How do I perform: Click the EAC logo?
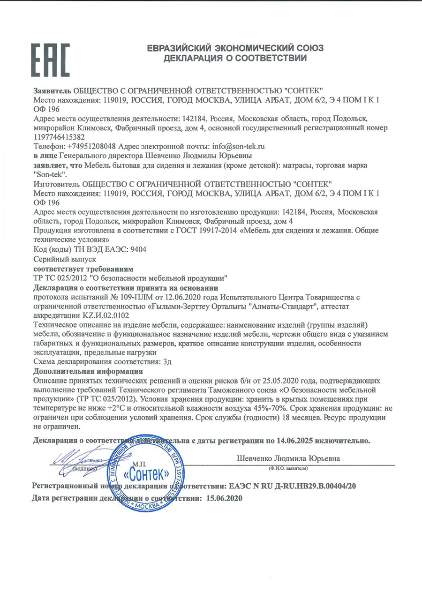coord(51,60)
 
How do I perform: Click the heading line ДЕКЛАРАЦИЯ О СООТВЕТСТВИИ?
coord(235,59)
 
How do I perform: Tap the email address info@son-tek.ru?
coord(238,146)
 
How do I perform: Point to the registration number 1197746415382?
coord(60,137)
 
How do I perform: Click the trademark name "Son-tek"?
coord(49,173)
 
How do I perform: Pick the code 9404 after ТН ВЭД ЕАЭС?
coord(136,249)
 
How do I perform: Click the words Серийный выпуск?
coord(65,259)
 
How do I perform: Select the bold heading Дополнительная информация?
coord(88,372)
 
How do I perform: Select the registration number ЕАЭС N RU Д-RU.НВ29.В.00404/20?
coord(291,486)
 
